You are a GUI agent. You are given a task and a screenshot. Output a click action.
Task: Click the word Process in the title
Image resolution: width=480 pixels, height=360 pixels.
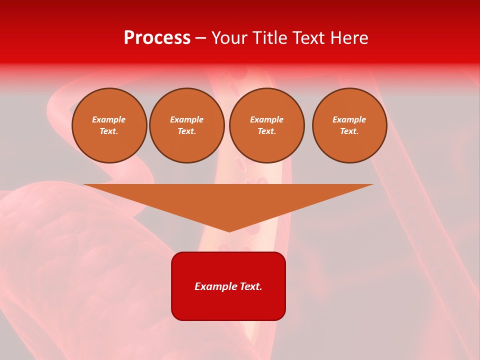[157, 38]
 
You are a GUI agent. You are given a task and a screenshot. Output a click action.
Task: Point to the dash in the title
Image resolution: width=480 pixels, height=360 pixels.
[201, 38]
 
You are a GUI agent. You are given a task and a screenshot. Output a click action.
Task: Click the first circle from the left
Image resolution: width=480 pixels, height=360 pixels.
[109, 125]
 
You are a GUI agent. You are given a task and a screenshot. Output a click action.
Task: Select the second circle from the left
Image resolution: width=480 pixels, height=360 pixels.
[187, 125]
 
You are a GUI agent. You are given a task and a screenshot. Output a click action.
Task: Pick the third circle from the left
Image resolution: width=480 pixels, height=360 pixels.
[267, 125]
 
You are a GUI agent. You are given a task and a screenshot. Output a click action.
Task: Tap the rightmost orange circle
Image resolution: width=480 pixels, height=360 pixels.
[349, 125]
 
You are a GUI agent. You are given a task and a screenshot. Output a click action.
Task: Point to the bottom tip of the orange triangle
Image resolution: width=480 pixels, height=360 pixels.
[229, 230]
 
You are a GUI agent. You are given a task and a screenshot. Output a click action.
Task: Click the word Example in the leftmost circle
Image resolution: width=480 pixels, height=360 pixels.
[109, 120]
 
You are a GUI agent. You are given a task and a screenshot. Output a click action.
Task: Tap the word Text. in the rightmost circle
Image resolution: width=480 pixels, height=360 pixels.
[349, 131]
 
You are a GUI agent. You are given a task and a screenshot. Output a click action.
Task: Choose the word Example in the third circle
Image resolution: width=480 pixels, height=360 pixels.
[267, 120]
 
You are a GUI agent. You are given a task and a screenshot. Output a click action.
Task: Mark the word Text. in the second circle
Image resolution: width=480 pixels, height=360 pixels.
[187, 131]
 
